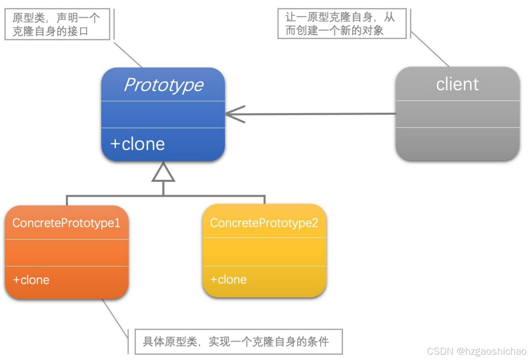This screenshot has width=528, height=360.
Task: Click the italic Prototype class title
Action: pyautogui.click(x=163, y=85)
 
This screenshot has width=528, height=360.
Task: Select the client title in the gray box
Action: pyautogui.click(x=457, y=84)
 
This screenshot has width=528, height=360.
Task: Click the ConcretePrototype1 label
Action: pyautogui.click(x=66, y=223)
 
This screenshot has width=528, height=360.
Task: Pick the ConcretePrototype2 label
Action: pyautogui.click(x=264, y=223)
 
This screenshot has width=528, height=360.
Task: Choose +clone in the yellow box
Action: pyautogui.click(x=229, y=279)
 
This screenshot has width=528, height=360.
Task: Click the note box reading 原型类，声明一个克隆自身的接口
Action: pyautogui.click(x=57, y=24)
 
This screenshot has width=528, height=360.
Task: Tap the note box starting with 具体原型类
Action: pyautogui.click(x=238, y=342)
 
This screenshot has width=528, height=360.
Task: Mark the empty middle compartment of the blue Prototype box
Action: pyautogui.click(x=163, y=114)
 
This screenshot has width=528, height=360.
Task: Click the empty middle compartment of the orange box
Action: pyautogui.click(x=66, y=253)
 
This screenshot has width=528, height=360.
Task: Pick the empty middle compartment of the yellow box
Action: pyautogui.click(x=264, y=252)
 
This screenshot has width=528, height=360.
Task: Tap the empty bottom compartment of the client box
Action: pyautogui.click(x=457, y=144)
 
